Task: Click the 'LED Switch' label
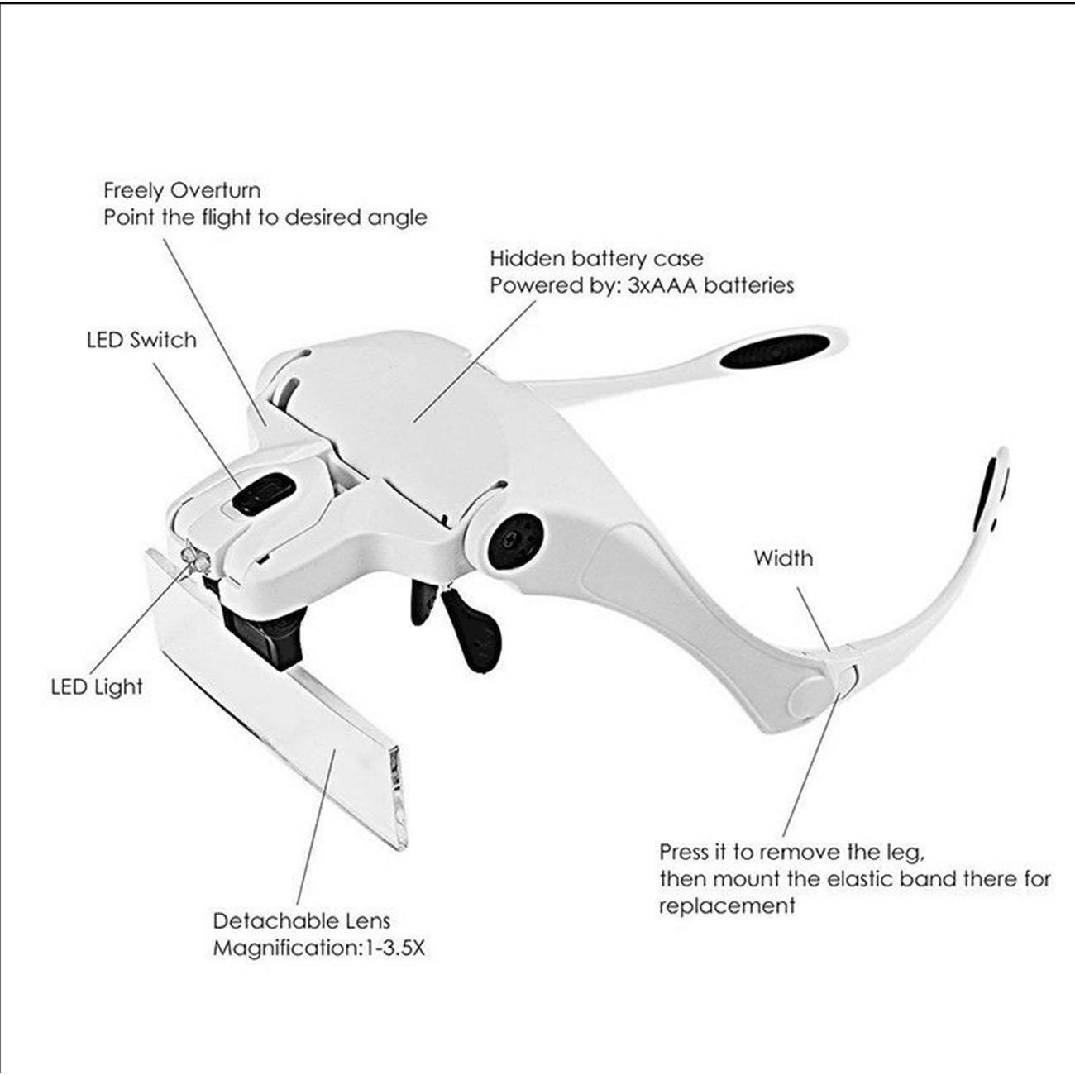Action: click(141, 340)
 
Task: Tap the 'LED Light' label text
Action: click(97, 686)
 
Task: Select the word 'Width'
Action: click(783, 558)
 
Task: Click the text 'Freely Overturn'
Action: click(182, 191)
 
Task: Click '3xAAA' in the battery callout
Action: click(663, 285)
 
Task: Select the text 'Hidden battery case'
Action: click(596, 259)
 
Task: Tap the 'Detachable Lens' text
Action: click(302, 921)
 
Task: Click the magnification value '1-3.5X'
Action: click(394, 948)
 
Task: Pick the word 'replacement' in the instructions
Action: click(727, 907)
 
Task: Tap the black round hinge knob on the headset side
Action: click(514, 540)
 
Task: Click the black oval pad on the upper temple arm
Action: click(773, 351)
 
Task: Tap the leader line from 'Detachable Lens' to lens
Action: click(315, 827)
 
